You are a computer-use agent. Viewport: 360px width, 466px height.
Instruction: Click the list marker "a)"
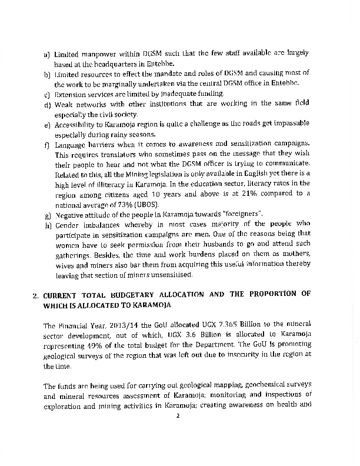[47, 55]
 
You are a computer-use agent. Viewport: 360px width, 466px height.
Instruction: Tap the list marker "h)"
[47, 224]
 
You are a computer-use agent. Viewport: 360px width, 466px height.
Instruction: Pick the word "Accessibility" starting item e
[76, 125]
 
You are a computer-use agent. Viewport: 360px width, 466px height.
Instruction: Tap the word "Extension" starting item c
[70, 94]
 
